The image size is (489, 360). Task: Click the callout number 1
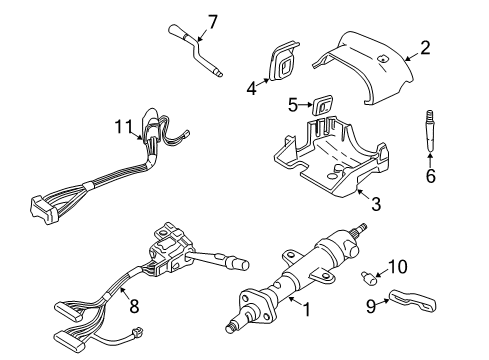306,311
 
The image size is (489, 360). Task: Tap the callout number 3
377,206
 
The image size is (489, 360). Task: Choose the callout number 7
211,21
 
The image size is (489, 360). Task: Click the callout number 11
122,127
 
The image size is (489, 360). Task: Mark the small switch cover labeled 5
322,103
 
